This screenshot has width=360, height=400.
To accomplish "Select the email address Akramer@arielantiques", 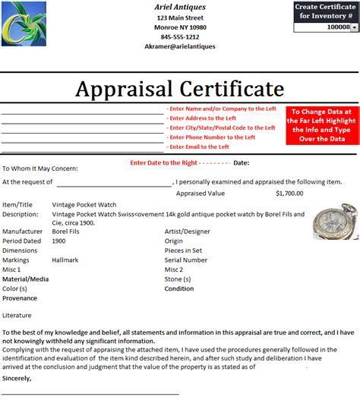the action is (181, 46).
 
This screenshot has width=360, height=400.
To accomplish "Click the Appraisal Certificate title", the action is (179, 89).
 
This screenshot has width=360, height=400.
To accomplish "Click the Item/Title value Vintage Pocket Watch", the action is (84, 205).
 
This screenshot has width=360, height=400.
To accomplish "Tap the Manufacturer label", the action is (23, 230).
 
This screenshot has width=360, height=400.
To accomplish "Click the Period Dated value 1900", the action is (58, 240).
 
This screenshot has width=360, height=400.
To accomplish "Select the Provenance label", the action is (21, 298).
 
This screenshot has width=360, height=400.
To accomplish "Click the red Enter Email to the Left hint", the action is (198, 146).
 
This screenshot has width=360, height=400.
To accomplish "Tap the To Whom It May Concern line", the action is (40, 169).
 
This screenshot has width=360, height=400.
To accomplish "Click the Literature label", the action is (17, 314).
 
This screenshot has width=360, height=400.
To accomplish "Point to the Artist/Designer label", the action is (186, 230).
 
